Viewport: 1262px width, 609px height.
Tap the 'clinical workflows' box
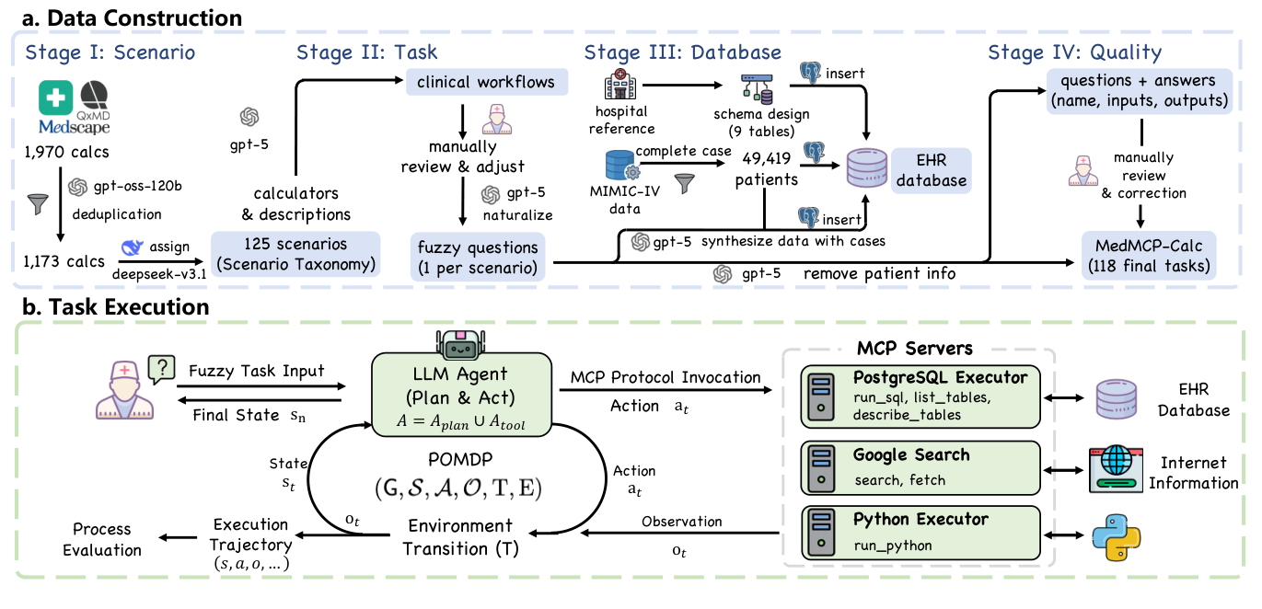point(486,82)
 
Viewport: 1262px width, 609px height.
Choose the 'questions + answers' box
point(1141,90)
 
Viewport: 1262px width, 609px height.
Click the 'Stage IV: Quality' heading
point(1074,52)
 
